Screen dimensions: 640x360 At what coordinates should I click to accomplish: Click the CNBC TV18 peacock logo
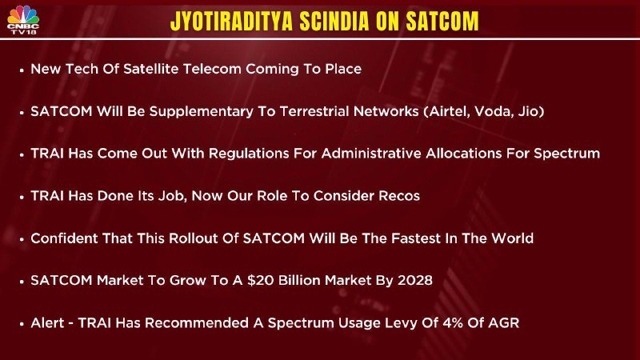tap(23, 19)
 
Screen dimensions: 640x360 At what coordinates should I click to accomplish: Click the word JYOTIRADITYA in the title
tap(231, 21)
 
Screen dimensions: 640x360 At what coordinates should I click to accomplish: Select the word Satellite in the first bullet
tap(151, 69)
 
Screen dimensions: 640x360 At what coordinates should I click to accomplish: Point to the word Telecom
tap(212, 69)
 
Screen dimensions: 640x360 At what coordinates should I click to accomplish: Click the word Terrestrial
tap(314, 111)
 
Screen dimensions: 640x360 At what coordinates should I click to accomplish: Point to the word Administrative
tap(371, 154)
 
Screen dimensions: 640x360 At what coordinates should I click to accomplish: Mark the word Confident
tap(64, 238)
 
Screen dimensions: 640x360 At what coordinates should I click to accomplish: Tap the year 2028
tap(414, 281)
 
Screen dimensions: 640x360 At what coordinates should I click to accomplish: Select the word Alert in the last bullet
tap(48, 323)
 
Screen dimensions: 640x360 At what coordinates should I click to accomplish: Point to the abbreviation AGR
tap(503, 323)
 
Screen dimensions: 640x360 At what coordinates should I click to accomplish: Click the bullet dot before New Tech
tap(22, 70)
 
